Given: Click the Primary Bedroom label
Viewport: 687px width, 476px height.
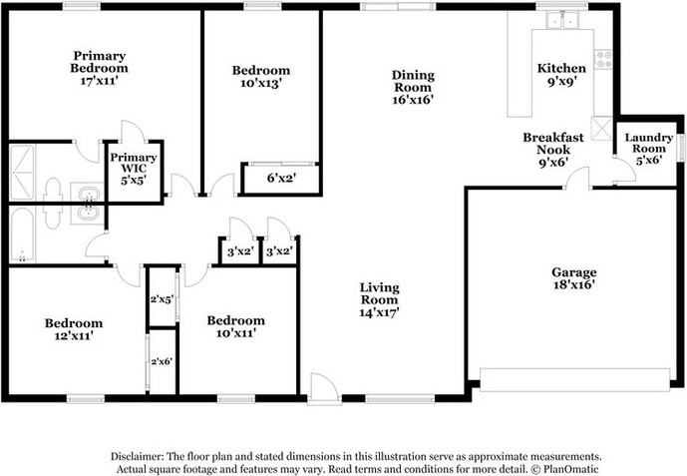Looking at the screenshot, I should click(x=100, y=68).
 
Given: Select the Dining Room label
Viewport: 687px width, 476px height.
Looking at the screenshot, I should click(x=412, y=87).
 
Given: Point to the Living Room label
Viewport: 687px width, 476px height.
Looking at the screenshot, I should click(x=380, y=299).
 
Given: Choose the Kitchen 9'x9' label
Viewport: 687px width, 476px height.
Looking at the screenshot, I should click(x=559, y=76).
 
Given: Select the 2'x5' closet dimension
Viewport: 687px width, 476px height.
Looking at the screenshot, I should click(x=162, y=298).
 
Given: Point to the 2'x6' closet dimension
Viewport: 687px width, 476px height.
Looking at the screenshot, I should click(x=162, y=361).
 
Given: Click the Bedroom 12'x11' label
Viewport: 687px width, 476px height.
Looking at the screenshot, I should click(x=73, y=329).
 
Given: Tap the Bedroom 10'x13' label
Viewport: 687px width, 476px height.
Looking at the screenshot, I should click(x=260, y=77).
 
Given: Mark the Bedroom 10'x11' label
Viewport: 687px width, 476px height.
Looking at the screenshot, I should click(x=235, y=326).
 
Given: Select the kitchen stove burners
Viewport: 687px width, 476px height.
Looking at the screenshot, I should click(x=602, y=58).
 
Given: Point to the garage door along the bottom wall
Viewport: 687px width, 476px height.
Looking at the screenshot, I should click(x=574, y=380).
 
